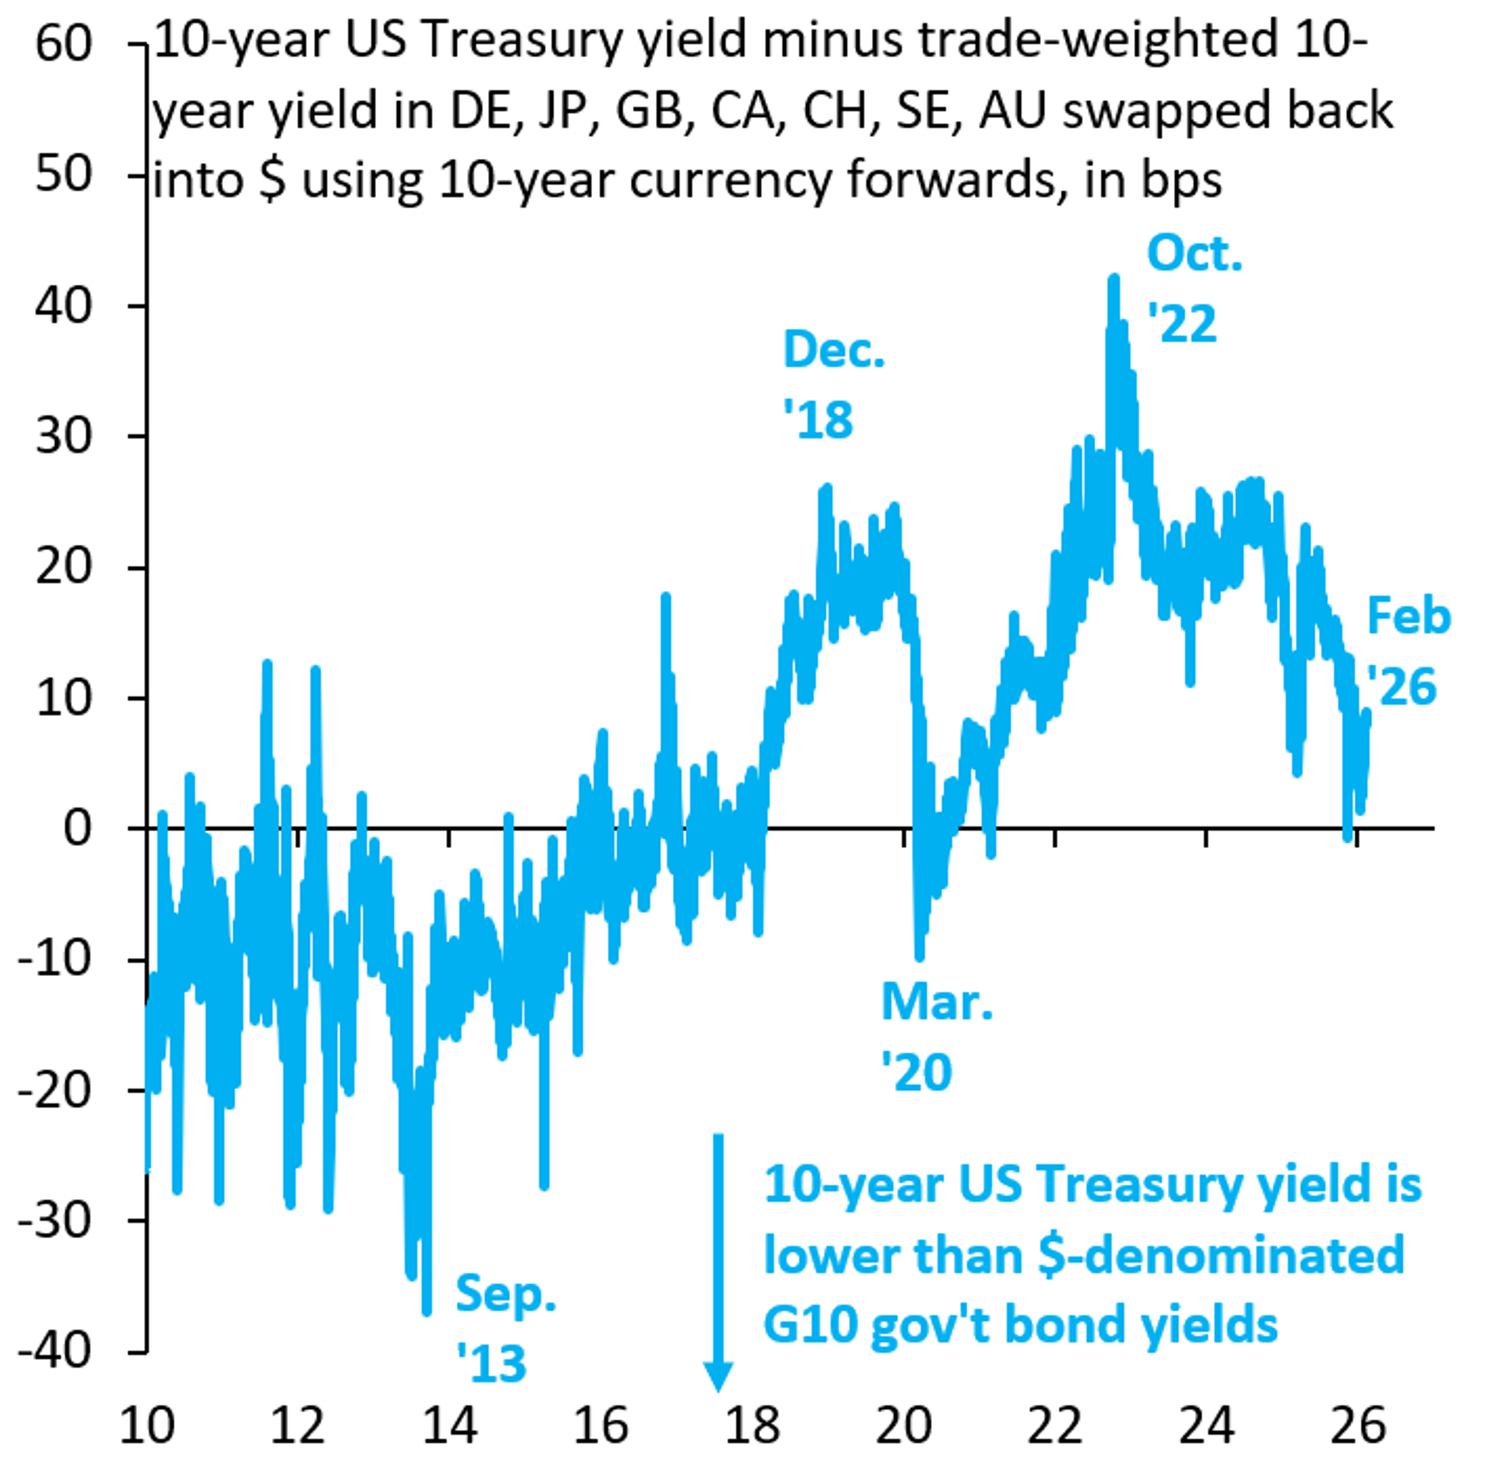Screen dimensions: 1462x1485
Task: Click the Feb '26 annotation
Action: pos(1407,651)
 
